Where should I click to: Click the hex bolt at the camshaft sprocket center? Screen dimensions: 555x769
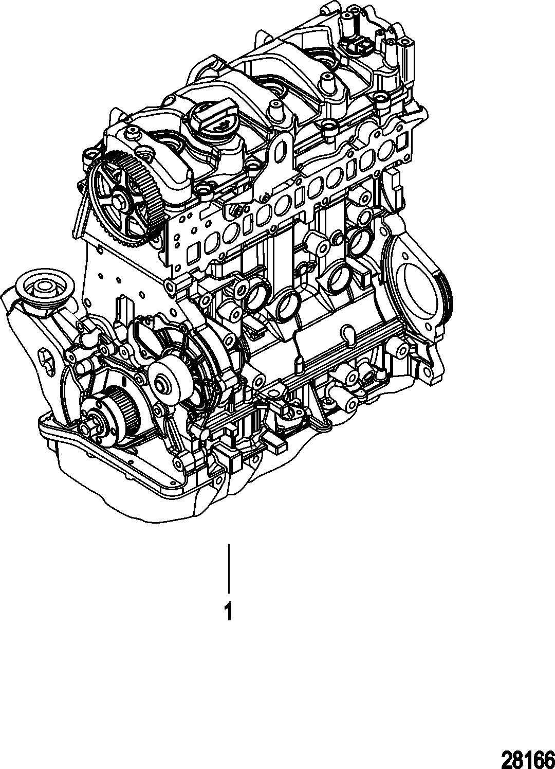121,204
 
